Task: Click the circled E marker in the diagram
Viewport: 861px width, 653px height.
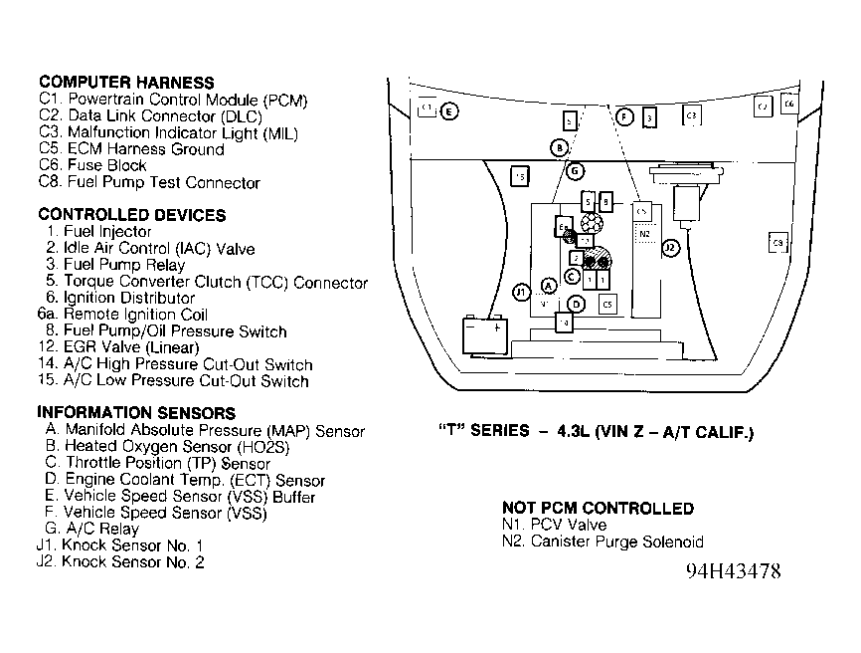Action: click(x=449, y=111)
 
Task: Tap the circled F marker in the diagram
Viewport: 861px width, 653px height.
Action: click(x=624, y=117)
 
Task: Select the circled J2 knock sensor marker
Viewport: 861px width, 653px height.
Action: click(x=671, y=248)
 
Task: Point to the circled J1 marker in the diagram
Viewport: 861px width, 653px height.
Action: click(x=521, y=292)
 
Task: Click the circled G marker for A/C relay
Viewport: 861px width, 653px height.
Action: click(x=575, y=170)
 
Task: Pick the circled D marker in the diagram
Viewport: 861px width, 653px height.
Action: click(x=577, y=304)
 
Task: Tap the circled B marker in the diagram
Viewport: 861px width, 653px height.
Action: click(x=560, y=147)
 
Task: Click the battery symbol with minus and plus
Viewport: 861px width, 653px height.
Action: click(x=487, y=332)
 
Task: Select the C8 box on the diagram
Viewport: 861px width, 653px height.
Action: click(x=778, y=243)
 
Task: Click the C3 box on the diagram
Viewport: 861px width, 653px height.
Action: click(x=691, y=115)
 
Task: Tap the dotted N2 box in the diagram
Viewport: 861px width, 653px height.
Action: click(x=644, y=234)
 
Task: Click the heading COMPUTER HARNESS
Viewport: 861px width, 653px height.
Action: click(x=126, y=83)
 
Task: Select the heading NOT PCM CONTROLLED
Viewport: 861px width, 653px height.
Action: click(x=598, y=508)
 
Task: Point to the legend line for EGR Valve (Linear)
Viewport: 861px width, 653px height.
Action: click(x=117, y=347)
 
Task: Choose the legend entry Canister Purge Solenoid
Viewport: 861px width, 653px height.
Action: click(x=603, y=542)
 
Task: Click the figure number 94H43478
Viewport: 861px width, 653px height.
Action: click(x=733, y=571)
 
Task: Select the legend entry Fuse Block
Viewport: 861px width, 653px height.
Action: click(x=92, y=165)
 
